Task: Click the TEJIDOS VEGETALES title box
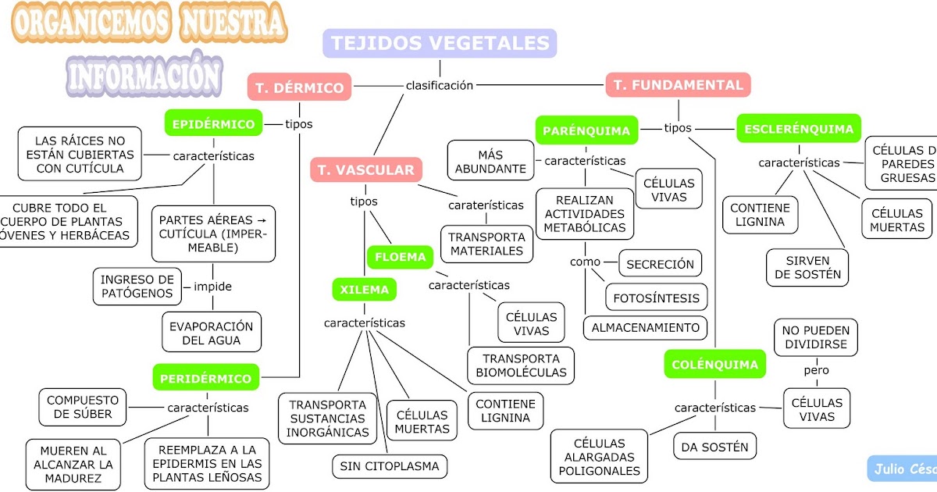point(440,43)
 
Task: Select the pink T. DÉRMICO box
point(300,87)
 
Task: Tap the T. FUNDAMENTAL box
point(678,85)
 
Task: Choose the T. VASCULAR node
point(366,169)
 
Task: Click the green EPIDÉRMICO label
point(213,123)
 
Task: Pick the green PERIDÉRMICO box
point(206,379)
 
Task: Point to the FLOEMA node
point(401,257)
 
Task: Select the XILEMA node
point(364,290)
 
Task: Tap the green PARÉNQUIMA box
point(586,130)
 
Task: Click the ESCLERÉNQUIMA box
point(798,129)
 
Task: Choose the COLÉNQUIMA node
point(714,364)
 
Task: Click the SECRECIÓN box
point(660,264)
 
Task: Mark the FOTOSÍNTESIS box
point(657,298)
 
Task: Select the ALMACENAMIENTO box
point(645,327)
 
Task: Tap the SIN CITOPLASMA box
point(390,467)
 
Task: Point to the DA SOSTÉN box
point(714,447)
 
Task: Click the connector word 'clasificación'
point(440,85)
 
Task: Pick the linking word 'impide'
point(212,287)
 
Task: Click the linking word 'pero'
point(816,370)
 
